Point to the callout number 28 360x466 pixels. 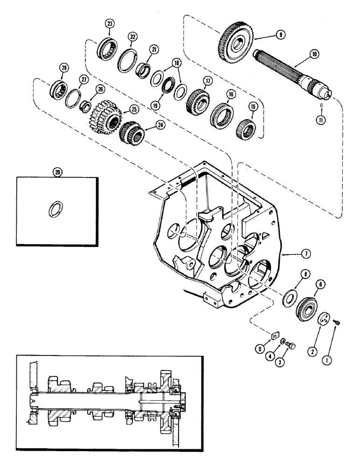click(63, 68)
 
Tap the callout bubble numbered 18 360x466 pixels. click(176, 62)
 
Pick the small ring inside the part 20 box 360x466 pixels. click(55, 208)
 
